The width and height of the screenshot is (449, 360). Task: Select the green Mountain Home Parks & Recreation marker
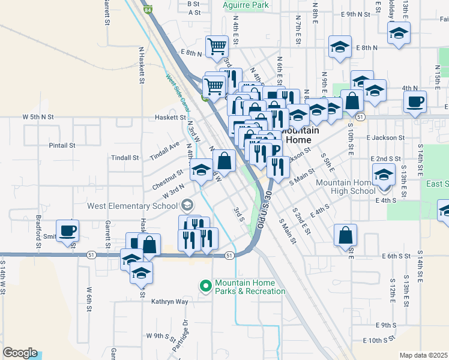[205, 286]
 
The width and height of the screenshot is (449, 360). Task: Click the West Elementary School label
[133, 205]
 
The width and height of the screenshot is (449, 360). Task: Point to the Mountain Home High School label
[345, 187]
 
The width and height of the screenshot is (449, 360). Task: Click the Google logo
[20, 353]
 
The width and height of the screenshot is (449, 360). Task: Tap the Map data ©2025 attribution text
[423, 355]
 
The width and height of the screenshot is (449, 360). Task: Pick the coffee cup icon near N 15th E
[415, 101]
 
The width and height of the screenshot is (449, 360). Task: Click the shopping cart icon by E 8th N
[216, 46]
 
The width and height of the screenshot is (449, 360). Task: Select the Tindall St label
[125, 158]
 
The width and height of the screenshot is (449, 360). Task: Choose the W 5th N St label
[38, 116]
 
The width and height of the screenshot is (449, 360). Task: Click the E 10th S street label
[379, 340]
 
